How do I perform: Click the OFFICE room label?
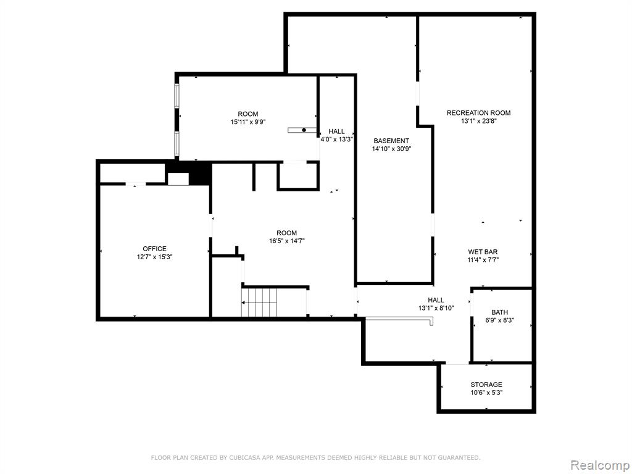point(154,249)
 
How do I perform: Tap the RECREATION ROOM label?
point(478,113)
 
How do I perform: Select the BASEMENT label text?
point(391,141)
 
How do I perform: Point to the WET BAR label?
point(483,252)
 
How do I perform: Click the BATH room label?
point(499,312)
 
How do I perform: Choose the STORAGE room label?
point(486,385)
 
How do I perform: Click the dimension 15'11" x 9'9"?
point(248,122)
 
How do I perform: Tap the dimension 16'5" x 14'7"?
point(286,241)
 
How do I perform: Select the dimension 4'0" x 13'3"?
point(336,139)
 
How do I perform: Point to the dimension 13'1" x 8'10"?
point(436,308)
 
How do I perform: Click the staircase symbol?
point(259,302)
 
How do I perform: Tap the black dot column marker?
point(304,130)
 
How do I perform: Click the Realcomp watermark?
point(600,465)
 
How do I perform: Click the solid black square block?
point(201,173)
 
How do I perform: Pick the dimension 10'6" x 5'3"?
point(486,393)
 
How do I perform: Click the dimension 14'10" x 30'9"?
point(391,149)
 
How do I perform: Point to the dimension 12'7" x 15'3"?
point(154,257)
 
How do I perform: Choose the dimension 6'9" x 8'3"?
point(499,320)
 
